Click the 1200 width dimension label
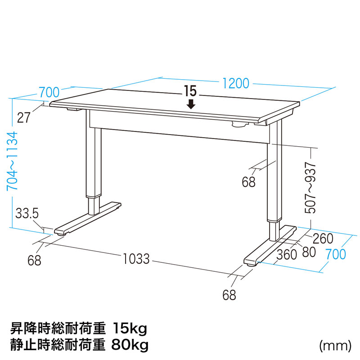tap(236, 84)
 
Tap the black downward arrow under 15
tap(191, 104)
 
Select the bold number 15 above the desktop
tap(190, 91)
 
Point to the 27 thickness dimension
tap(24, 118)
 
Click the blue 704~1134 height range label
tap(13, 161)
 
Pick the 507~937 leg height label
tap(310, 188)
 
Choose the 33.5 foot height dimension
tap(27, 213)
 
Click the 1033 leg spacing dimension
tap(136, 258)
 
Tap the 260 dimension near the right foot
tap(323, 238)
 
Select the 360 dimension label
tap(287, 255)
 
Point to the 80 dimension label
tap(309, 252)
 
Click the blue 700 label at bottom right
tap(336, 254)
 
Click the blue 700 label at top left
tap(49, 92)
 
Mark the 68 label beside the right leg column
tap(249, 182)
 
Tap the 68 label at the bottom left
tap(34, 261)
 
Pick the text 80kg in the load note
tap(130, 345)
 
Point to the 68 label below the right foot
tap(229, 295)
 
